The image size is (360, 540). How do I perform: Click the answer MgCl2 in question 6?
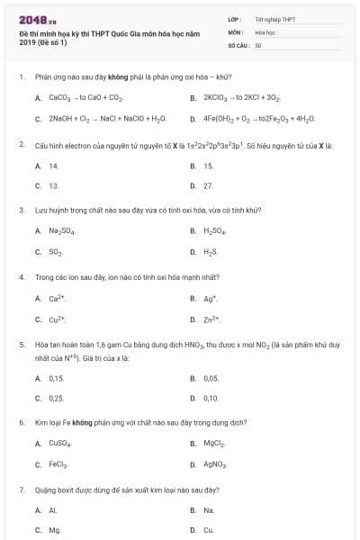click(x=215, y=444)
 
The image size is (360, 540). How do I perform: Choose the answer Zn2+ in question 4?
click(x=212, y=319)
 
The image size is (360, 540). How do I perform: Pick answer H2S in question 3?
click(x=211, y=252)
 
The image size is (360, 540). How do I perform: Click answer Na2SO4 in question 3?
click(x=61, y=231)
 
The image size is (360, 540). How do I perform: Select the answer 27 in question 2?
click(x=209, y=185)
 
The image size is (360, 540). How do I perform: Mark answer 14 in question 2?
click(x=54, y=166)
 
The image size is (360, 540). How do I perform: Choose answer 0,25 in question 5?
click(x=57, y=398)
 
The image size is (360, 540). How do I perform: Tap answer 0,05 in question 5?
click(x=211, y=378)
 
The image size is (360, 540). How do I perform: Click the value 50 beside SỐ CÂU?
click(x=258, y=44)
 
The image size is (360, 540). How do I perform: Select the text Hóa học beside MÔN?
click(x=264, y=31)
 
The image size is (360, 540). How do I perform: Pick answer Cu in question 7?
click(x=209, y=530)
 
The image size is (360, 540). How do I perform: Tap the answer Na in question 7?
click(x=209, y=510)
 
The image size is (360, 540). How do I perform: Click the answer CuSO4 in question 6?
click(x=59, y=444)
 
